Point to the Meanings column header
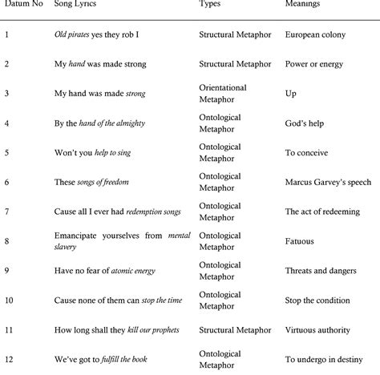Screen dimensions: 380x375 point(305,4)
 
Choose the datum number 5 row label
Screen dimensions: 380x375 point(6,152)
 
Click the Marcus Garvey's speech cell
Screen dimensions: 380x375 point(327,182)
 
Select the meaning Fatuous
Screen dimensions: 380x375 point(301,240)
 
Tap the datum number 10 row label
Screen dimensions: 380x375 point(9,300)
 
